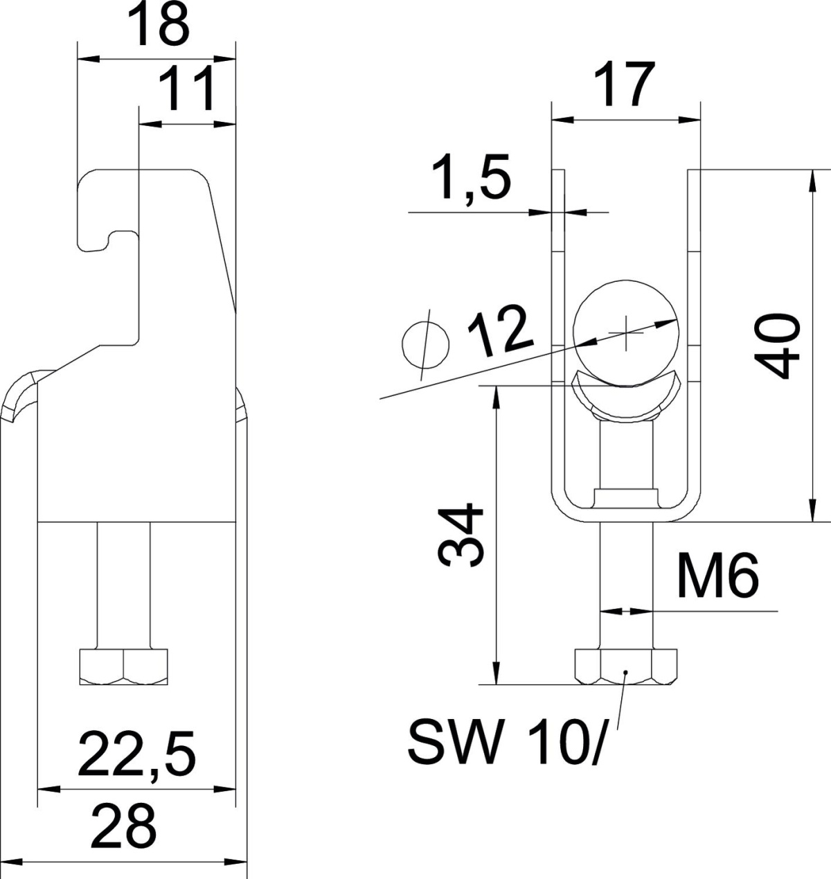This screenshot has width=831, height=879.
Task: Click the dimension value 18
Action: pyautogui.click(x=159, y=25)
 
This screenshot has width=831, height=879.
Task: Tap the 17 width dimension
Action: pyautogui.click(x=625, y=85)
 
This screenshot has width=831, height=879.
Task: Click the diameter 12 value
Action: pyautogui.click(x=501, y=331)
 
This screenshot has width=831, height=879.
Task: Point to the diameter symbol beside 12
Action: pyautogui.click(x=426, y=345)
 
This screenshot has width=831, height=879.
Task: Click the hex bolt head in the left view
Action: pyautogui.click(x=124, y=666)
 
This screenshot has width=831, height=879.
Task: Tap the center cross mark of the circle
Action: pyautogui.click(x=626, y=332)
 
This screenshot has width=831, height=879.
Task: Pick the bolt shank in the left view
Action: pyautogui.click(x=123, y=585)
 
